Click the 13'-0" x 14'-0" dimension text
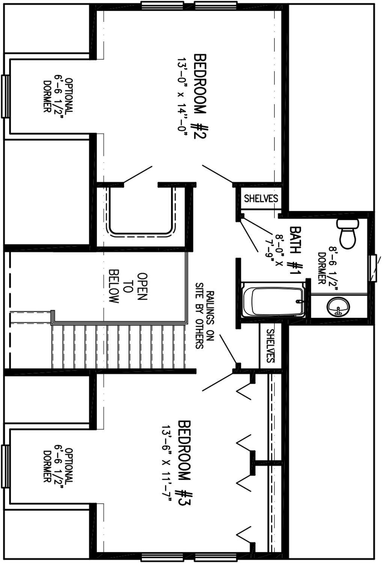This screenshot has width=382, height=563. click(182, 97)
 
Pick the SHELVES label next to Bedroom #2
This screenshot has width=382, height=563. click(261, 199)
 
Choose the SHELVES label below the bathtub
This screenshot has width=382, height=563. click(270, 346)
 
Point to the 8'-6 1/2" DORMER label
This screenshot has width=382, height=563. click(327, 268)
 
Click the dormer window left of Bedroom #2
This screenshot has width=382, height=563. click(5, 96)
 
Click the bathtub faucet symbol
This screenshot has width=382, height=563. click(299, 301)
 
